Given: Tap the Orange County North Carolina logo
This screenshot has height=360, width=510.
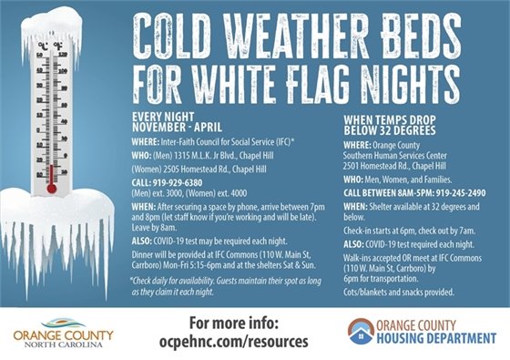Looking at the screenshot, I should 64,333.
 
